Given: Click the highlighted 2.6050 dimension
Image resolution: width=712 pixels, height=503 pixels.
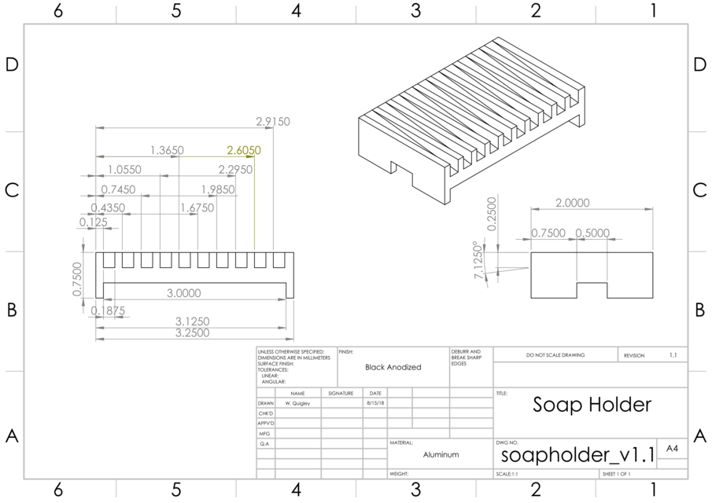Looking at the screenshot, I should [x=244, y=150].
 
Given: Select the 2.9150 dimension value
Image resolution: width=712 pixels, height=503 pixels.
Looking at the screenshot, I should [x=273, y=122].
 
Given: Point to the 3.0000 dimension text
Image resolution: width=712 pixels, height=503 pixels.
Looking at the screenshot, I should [x=183, y=293].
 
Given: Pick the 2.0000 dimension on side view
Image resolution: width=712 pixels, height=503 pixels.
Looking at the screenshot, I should [x=572, y=203].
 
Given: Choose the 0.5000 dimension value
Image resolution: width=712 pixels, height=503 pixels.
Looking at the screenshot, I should [x=592, y=233].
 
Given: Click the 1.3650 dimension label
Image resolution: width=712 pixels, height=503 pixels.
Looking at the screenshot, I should [x=167, y=150].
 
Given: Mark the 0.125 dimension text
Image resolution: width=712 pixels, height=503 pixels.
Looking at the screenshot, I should [x=94, y=222].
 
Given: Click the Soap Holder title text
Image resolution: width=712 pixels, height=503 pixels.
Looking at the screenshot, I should [x=592, y=405].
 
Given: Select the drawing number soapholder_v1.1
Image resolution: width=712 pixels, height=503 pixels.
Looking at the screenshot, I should [x=577, y=455].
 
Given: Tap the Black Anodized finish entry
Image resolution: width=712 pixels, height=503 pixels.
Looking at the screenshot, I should [x=393, y=367].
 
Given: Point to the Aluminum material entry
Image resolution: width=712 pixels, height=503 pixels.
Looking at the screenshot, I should [x=441, y=454].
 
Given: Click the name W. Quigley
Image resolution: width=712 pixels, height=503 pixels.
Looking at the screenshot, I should [x=297, y=403].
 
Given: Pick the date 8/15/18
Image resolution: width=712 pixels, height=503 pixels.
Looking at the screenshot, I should [x=374, y=403].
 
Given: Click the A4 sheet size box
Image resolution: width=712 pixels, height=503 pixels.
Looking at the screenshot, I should [x=672, y=448].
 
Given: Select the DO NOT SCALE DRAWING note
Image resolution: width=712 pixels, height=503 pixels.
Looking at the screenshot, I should [x=555, y=355].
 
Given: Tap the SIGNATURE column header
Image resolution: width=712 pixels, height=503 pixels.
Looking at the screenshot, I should [x=341, y=393].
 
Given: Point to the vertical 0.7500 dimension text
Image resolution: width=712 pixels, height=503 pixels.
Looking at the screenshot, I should [x=77, y=279].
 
